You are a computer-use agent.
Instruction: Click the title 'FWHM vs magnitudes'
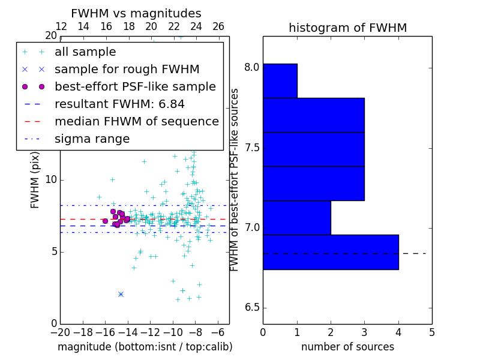click(136, 14)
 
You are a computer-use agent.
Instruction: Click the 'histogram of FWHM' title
click(347, 28)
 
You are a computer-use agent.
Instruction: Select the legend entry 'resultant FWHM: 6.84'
click(119, 104)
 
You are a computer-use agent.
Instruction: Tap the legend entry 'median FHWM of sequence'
click(136, 121)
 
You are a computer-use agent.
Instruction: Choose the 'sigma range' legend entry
click(92, 139)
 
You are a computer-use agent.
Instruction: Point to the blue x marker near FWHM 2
click(121, 294)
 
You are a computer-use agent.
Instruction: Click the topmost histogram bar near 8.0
click(280, 80)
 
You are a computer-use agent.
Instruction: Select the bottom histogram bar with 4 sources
click(331, 252)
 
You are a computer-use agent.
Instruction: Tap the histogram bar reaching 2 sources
click(297, 217)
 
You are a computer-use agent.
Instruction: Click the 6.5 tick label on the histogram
click(251, 308)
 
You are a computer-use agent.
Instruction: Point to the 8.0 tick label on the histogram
click(251, 67)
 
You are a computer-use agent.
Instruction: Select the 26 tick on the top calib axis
click(218, 26)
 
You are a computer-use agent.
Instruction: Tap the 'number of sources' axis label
click(347, 347)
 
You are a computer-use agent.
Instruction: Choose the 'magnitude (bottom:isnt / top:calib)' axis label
click(145, 347)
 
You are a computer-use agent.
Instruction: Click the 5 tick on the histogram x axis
click(431, 332)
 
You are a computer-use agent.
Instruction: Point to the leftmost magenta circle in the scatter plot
click(105, 221)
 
